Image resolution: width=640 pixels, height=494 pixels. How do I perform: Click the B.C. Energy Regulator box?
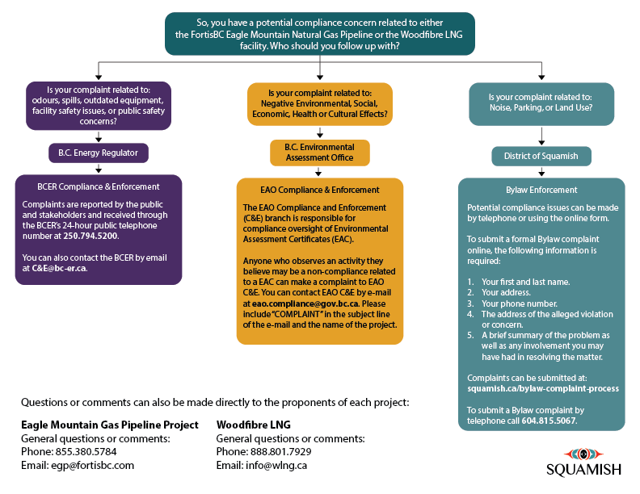[x=99, y=153]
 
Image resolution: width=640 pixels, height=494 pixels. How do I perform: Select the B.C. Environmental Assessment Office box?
[x=319, y=153]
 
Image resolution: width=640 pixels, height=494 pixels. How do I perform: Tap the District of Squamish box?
[x=541, y=156]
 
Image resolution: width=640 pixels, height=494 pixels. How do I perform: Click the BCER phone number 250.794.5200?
[x=91, y=236]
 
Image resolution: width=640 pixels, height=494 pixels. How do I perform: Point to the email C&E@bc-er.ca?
[x=59, y=268]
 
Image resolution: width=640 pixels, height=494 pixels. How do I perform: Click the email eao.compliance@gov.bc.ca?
[x=305, y=304]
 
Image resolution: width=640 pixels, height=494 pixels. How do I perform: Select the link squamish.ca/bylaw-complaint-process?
[x=543, y=388]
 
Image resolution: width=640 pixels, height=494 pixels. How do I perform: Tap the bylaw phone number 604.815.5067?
[x=549, y=421]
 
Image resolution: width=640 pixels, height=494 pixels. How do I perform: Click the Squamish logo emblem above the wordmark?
[x=583, y=454]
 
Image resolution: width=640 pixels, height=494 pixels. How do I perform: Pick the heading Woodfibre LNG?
[x=254, y=425]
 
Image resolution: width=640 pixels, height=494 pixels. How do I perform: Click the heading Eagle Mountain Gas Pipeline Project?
[x=110, y=425]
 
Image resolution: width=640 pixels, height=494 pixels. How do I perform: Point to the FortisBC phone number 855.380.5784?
[x=86, y=451]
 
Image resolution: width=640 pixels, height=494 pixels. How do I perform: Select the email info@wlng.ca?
[x=276, y=466]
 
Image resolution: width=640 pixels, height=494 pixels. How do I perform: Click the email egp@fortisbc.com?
[x=93, y=466]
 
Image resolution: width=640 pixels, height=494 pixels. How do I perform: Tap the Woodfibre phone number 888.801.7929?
[x=281, y=451]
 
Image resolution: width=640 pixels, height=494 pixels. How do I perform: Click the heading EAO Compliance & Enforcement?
[x=319, y=190]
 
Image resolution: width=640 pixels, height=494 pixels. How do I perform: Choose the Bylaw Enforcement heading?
[x=541, y=190]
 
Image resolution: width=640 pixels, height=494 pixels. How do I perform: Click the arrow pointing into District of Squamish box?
[x=541, y=136]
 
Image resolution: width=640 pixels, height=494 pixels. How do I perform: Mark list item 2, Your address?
[x=499, y=293]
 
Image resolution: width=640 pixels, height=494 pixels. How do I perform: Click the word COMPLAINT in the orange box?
[x=297, y=314]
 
